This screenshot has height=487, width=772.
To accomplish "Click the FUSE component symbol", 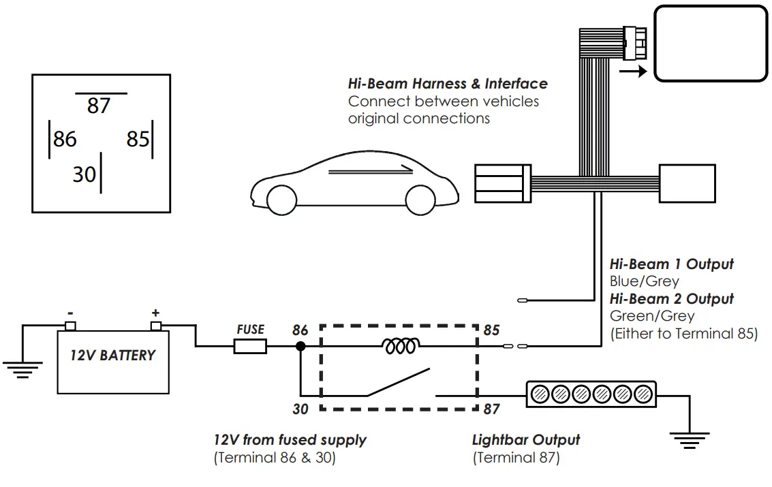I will (250, 347).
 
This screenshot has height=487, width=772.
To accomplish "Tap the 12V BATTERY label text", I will (113, 355).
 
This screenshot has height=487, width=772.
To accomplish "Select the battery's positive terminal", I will (156, 326).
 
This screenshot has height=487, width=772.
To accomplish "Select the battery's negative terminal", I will (70, 326).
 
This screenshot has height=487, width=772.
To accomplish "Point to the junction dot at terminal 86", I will (299, 347).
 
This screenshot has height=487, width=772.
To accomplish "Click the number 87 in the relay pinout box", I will (99, 106).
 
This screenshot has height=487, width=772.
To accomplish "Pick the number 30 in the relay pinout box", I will (84, 174).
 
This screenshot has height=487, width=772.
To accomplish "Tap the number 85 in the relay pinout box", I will (138, 139).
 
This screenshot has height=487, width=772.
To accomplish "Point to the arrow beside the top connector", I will (634, 72).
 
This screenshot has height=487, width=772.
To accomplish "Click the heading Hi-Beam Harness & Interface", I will (448, 84).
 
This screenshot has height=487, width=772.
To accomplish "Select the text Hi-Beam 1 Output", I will (671, 264).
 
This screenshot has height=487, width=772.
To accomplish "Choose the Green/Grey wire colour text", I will (652, 316).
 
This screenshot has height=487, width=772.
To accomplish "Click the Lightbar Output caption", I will (526, 440).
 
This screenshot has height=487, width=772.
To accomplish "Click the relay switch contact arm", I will (399, 383).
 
